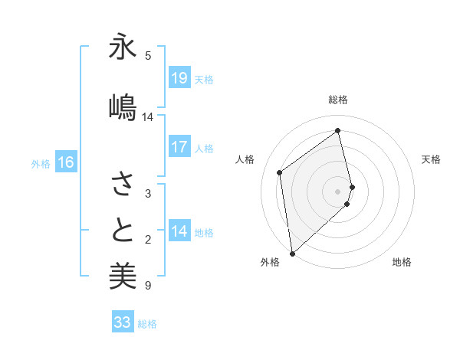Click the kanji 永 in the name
click(x=123, y=47)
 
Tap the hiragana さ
click(x=123, y=185)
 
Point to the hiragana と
click(x=123, y=231)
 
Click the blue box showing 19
click(x=179, y=78)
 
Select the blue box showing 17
click(x=179, y=147)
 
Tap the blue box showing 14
click(x=179, y=231)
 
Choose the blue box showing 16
click(x=66, y=162)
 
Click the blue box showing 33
click(x=123, y=322)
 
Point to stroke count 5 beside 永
click(x=148, y=56)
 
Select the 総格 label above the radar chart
click(x=338, y=100)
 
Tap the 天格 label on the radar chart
click(x=431, y=159)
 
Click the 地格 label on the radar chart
click(x=402, y=262)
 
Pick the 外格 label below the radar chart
click(x=270, y=262)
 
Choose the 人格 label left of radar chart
click(x=245, y=159)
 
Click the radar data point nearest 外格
click(x=291, y=253)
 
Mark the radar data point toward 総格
click(x=338, y=131)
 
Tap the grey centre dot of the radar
click(x=338, y=191)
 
